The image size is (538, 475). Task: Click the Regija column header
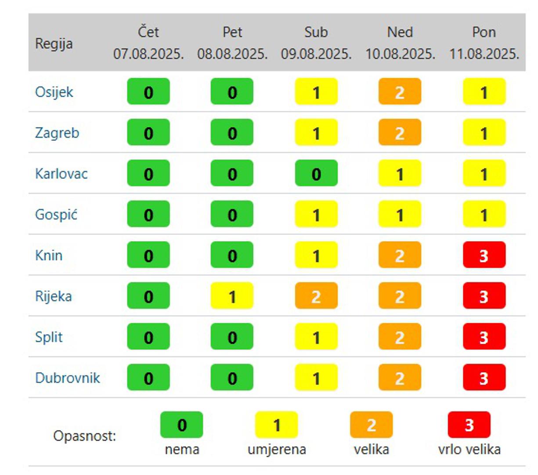[54, 44]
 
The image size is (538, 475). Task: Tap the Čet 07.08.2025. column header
[148, 43]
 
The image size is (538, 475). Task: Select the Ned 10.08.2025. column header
[400, 43]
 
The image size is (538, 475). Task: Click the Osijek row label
[54, 92]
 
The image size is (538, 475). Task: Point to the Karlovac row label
[61, 174]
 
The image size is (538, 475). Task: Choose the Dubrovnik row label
[68, 378]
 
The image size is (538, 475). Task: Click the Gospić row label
[56, 215]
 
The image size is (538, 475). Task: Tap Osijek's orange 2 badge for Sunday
[400, 91]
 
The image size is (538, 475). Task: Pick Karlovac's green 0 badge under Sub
[316, 173]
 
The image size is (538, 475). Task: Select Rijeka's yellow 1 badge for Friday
[232, 296]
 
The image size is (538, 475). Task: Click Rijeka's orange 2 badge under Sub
[316, 296]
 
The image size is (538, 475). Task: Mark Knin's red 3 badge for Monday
[484, 255]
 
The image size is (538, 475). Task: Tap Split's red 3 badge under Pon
[484, 336]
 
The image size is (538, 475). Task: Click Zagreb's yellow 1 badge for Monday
[484, 132]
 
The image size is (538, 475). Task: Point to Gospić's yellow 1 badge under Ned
[400, 214]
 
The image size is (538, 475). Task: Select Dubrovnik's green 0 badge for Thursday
[148, 377]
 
